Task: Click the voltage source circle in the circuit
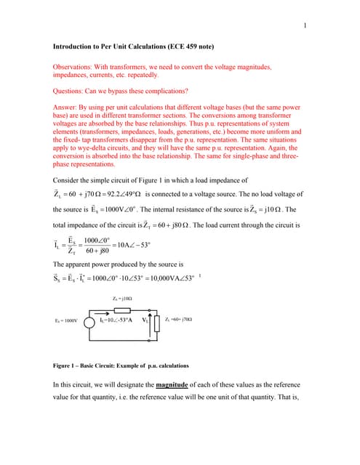point(90,320)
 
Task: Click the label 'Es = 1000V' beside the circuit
point(65,320)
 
